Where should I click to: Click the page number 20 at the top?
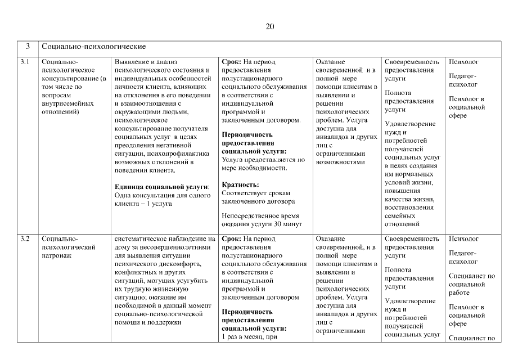pos(269,26)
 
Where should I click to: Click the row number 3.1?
pos(25,62)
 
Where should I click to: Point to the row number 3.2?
pos(25,238)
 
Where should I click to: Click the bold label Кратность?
pos(241,184)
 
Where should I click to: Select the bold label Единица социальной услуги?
pos(161,186)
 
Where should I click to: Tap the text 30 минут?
pos(286,224)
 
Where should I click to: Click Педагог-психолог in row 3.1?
pos(463,80)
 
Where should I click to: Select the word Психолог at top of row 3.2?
pos(464,238)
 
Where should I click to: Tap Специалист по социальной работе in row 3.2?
pos(472,284)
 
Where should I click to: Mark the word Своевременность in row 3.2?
pos(412,238)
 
